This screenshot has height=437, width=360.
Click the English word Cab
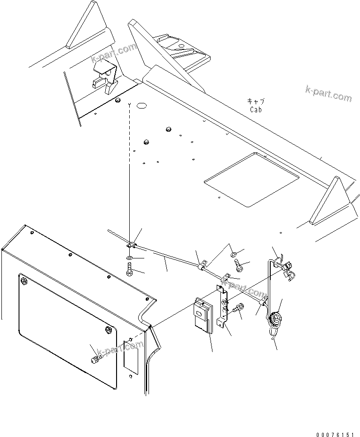(256, 109)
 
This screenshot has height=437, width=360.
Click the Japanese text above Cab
(256, 101)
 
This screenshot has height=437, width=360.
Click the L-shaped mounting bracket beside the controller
(222, 308)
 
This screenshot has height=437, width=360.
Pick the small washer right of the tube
(234, 254)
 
